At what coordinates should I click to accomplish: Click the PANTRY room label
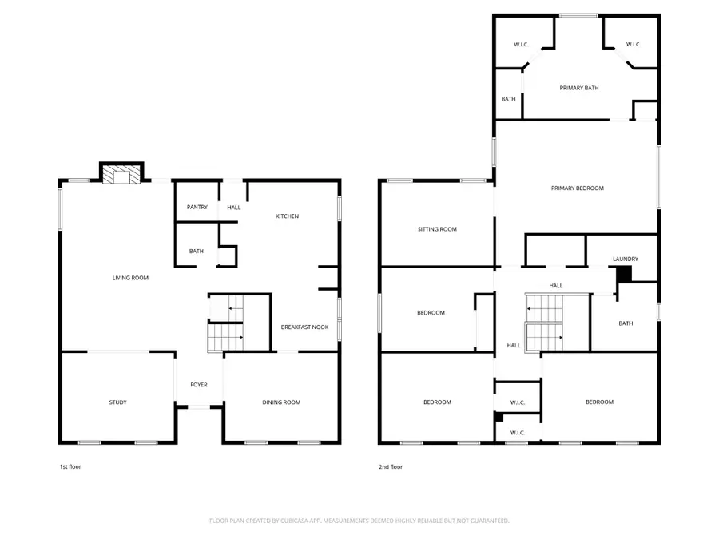197,208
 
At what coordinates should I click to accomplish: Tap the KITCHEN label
287,216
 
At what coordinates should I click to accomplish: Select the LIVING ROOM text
130,278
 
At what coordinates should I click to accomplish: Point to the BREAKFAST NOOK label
304,327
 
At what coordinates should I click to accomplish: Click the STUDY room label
118,402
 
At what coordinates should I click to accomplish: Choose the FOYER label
199,385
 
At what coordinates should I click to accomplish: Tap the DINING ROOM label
281,402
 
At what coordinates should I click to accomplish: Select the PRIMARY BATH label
579,88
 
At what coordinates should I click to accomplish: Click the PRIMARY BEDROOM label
578,188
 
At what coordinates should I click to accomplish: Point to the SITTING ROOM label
437,229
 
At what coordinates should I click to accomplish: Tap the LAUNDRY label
626,259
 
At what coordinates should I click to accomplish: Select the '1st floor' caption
70,466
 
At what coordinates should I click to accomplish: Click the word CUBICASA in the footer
312,521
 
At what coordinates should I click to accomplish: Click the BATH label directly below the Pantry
197,252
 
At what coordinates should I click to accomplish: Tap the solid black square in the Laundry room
624,274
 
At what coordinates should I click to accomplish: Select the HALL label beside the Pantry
233,208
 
